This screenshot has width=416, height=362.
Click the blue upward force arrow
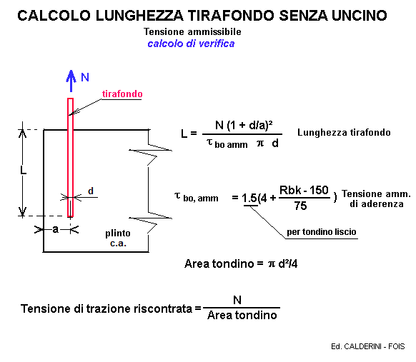(x=71, y=81)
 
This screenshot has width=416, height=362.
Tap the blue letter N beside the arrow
(x=85, y=77)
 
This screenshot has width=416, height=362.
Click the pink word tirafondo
(x=122, y=94)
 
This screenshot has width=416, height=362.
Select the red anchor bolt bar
(x=70, y=157)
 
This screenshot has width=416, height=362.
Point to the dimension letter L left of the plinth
(x=24, y=171)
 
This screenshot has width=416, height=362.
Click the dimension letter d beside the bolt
(x=91, y=191)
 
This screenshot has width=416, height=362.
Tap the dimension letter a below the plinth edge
(x=55, y=229)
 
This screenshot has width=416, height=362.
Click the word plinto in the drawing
(x=118, y=233)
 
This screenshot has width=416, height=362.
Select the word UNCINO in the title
(x=360, y=16)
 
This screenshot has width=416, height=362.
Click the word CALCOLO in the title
(x=54, y=16)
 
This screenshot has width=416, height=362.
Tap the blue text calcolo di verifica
(x=191, y=44)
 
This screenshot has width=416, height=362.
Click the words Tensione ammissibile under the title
(x=192, y=32)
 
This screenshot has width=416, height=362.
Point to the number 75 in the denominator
(x=301, y=206)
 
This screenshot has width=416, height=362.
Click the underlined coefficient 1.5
(x=249, y=198)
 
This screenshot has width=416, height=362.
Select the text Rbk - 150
(x=304, y=190)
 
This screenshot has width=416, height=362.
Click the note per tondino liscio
(x=321, y=232)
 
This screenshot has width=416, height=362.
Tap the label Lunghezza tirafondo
(x=344, y=132)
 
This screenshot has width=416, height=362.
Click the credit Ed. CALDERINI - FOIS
(x=368, y=346)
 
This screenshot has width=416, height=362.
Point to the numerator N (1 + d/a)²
(x=244, y=125)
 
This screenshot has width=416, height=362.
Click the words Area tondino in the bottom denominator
(x=242, y=316)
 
